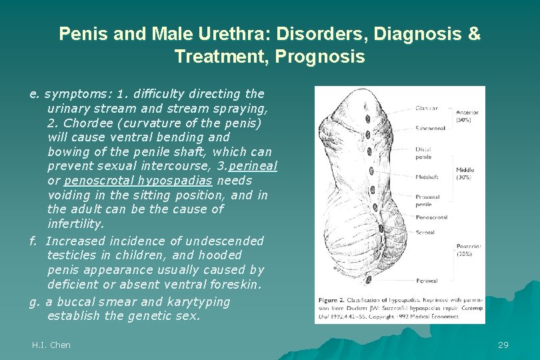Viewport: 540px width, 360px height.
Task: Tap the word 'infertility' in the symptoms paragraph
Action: (75, 224)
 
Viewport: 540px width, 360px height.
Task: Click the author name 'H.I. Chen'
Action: (51, 345)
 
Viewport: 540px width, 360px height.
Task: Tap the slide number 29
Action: (503, 345)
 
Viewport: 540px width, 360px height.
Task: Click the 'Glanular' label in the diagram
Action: (426, 108)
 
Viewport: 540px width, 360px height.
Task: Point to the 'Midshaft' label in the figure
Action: (426, 177)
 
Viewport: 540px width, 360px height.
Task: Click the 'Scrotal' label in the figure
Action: (425, 233)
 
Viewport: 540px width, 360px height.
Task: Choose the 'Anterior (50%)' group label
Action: (467, 116)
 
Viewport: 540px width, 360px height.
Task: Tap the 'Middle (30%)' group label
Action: (465, 174)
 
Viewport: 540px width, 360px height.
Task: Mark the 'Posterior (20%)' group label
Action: (469, 250)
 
